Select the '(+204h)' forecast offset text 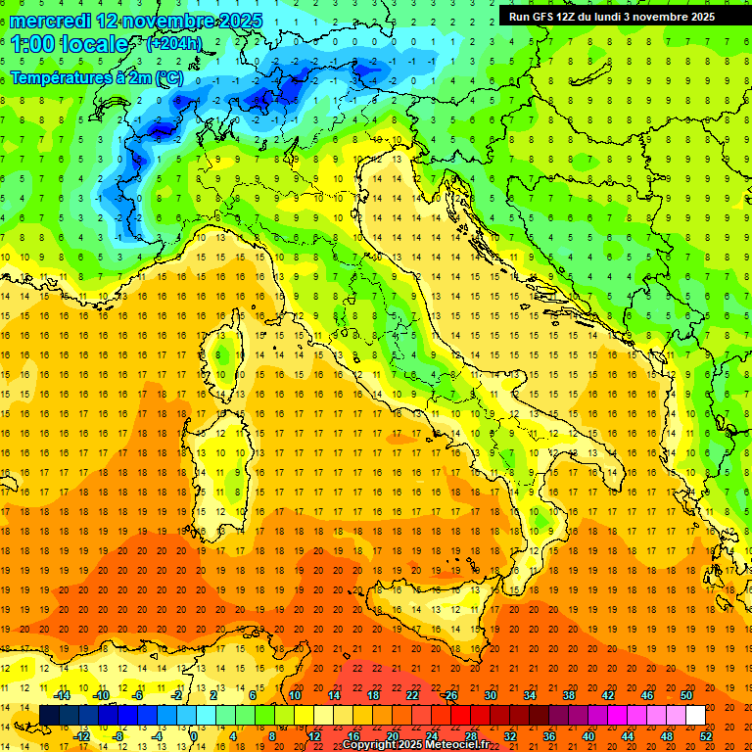pyautogui.click(x=173, y=44)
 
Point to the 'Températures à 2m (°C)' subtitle pyautogui.click(x=96, y=76)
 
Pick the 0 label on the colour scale pyautogui.click(x=194, y=735)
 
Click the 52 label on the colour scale pyautogui.click(x=706, y=735)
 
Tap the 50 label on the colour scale pyautogui.click(x=686, y=694)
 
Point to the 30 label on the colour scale pyautogui.click(x=491, y=694)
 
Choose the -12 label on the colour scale pyautogui.click(x=81, y=735)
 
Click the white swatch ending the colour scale pyautogui.click(x=695, y=715)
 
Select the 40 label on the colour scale pyautogui.click(x=588, y=735)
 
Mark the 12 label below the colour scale pyautogui.click(x=314, y=735)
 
